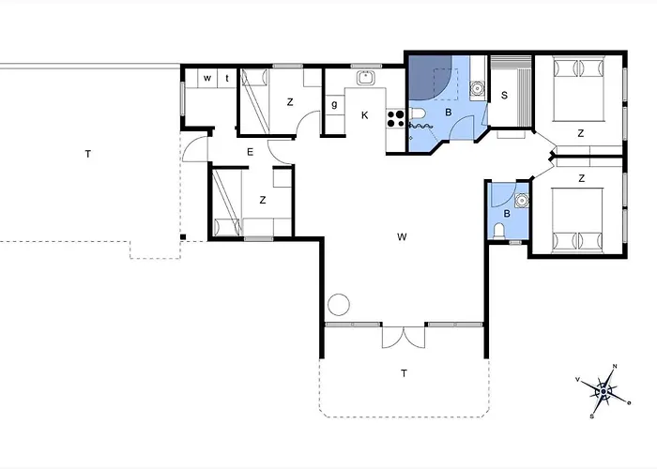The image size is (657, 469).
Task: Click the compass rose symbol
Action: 604,391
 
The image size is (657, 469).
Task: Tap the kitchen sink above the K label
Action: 365,78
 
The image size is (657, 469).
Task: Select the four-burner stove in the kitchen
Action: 395,118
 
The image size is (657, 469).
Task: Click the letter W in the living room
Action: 402,237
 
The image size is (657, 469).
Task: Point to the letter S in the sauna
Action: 504,96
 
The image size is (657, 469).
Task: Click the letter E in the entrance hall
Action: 251,152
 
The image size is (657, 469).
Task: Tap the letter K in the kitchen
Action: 364,115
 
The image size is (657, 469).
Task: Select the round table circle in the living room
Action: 339,305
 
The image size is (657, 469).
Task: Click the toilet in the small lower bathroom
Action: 498,232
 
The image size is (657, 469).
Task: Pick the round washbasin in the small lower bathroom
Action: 521,200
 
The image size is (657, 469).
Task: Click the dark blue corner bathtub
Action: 429,78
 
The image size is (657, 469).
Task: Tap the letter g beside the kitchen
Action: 334,104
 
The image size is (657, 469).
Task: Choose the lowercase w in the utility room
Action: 207,78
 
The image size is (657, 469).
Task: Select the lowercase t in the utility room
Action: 227,78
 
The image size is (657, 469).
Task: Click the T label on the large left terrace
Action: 88,154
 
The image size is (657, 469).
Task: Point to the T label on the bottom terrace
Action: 404,373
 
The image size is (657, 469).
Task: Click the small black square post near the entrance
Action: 183,237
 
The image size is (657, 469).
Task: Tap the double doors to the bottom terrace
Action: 404,338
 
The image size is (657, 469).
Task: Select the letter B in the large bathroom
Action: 449,113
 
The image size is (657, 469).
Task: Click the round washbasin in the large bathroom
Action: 477,88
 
